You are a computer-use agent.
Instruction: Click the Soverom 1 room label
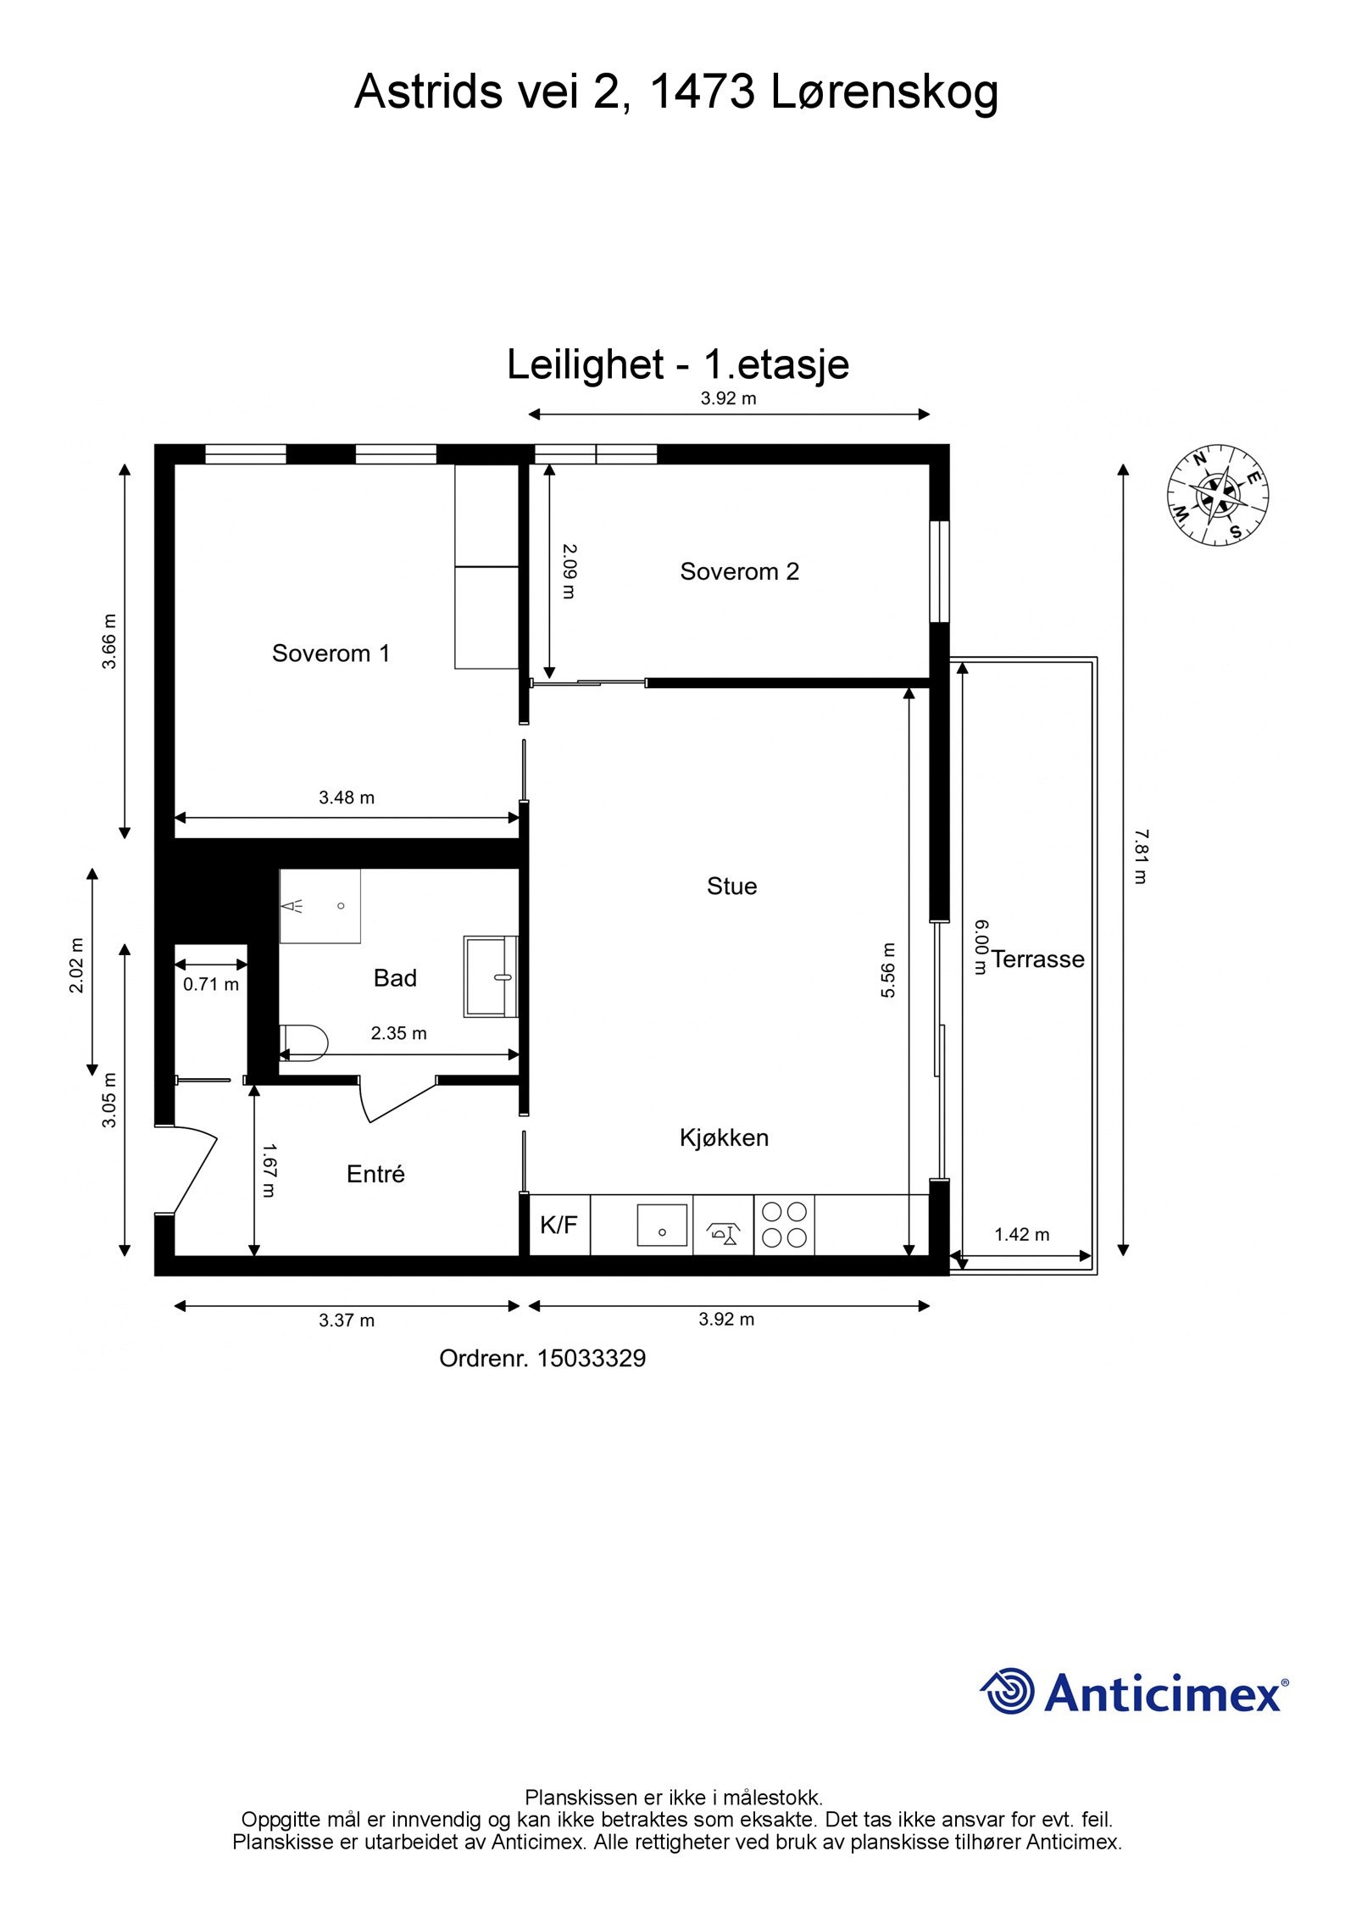click(x=331, y=653)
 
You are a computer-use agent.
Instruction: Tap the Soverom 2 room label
click(x=739, y=571)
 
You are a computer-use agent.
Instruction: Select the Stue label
click(x=731, y=887)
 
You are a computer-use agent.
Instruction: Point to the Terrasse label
click(x=1037, y=959)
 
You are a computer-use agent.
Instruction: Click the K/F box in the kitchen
click(x=559, y=1225)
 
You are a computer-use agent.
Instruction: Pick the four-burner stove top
click(x=784, y=1226)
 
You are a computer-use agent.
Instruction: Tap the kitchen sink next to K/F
click(x=662, y=1226)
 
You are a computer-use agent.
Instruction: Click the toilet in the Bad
click(x=303, y=1042)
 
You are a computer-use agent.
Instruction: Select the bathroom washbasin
click(x=491, y=976)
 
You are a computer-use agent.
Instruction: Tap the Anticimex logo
click(x=1134, y=1693)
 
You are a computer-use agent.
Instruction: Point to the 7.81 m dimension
click(x=1141, y=857)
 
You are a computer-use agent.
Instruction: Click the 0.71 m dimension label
click(x=211, y=984)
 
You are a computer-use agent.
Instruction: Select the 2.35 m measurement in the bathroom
click(x=398, y=1033)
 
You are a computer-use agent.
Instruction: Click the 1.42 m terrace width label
click(x=1022, y=1234)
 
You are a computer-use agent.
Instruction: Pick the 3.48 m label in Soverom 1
click(x=347, y=797)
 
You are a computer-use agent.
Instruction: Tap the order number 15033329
click(x=592, y=1359)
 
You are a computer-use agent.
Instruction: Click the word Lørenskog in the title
click(x=885, y=92)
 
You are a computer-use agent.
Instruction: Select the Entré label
click(x=375, y=1174)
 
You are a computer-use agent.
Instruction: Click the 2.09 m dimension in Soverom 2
click(x=569, y=571)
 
